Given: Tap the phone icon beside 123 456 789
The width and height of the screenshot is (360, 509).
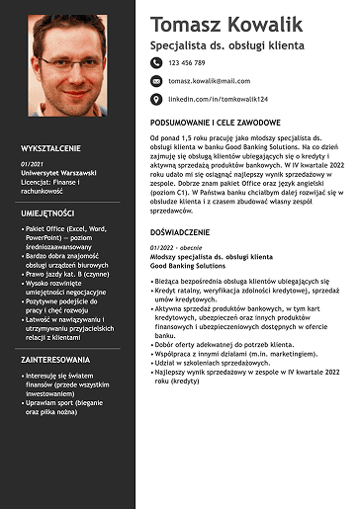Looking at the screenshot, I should (155, 62).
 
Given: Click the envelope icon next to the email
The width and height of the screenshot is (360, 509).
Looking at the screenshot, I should (155, 80).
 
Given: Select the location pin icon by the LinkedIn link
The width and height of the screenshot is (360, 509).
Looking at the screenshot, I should (155, 99).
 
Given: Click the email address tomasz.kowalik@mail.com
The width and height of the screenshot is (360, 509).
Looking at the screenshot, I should (209, 80).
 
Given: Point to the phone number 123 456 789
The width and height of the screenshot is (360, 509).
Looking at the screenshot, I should (187, 62).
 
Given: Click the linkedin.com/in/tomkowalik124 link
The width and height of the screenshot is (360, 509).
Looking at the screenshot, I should (218, 99).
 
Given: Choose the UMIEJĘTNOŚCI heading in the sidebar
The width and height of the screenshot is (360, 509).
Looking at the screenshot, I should (47, 212).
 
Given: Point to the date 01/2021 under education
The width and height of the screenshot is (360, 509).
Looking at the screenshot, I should (32, 162).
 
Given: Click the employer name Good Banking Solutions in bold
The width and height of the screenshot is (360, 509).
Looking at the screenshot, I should (187, 265).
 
